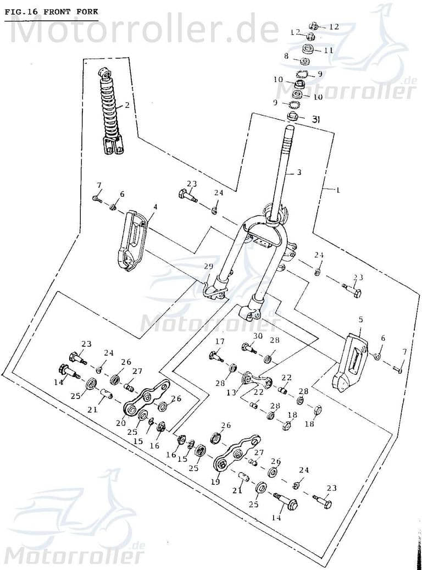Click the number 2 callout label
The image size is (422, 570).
(x=127, y=105)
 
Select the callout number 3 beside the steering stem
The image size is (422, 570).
(x=299, y=172)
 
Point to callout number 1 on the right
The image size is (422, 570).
(x=338, y=190)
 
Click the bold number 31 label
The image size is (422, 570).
(x=315, y=119)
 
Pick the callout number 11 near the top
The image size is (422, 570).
(x=329, y=50)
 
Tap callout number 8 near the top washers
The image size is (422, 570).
(x=286, y=56)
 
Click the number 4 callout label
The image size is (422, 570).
(x=156, y=207)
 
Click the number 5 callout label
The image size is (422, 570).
(x=360, y=319)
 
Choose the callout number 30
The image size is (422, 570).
(x=258, y=336)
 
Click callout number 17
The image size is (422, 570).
(x=220, y=341)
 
